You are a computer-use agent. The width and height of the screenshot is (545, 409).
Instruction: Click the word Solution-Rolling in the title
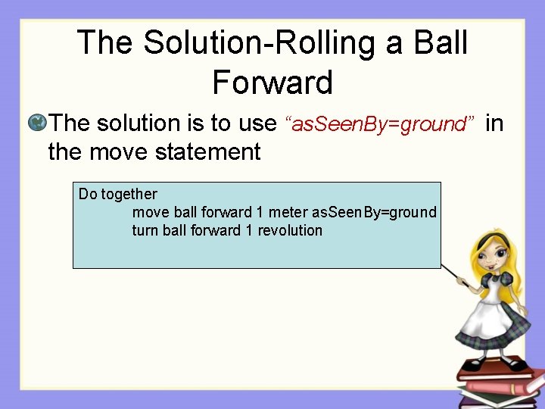(257, 42)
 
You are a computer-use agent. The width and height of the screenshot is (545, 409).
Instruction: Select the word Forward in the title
(272, 82)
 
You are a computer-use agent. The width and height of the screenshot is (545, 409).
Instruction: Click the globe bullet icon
(36, 122)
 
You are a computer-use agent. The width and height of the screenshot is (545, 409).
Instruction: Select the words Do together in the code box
(118, 194)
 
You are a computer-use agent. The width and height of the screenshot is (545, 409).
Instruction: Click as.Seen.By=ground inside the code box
(375, 212)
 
